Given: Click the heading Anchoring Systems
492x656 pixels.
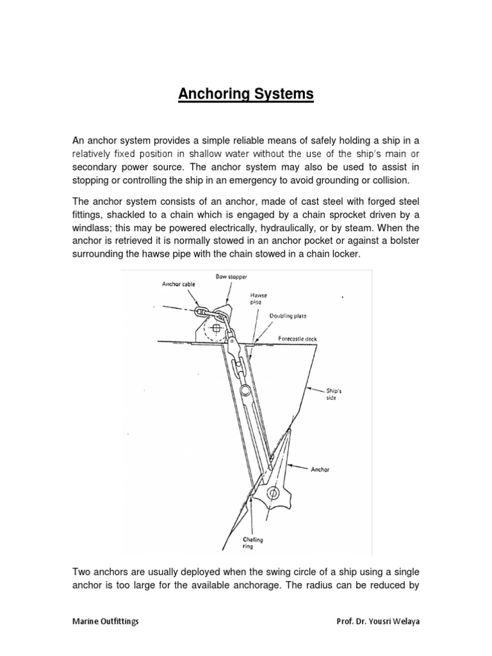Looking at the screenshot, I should click(x=245, y=95).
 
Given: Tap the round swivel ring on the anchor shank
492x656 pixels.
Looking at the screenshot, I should click(x=243, y=391).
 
